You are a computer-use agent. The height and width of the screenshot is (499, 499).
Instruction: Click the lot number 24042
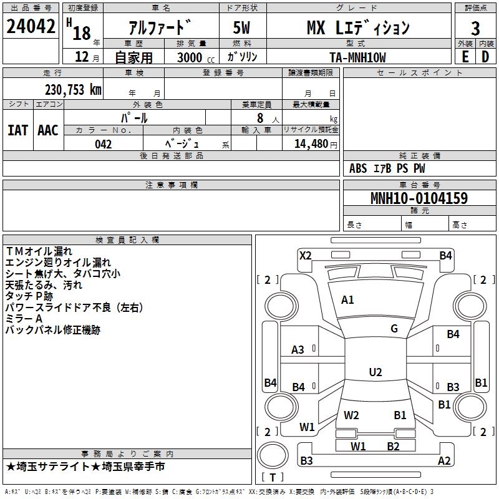tap(31, 27)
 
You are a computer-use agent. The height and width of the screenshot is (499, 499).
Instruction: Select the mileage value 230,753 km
tap(73, 89)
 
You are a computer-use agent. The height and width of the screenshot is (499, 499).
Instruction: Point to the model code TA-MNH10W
tap(357, 57)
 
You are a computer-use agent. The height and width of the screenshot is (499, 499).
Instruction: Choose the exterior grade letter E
tap(465, 57)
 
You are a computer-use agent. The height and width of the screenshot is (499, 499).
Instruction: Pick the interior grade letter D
tap(485, 57)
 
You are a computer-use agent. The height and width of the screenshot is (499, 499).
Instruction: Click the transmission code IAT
tap(17, 130)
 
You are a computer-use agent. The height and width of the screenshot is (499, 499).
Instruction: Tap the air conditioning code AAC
tap(48, 130)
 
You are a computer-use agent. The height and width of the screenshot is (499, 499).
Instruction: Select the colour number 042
tap(104, 144)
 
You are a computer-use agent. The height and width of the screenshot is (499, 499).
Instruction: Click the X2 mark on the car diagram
tap(305, 255)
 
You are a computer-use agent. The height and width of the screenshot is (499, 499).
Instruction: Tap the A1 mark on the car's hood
tap(347, 300)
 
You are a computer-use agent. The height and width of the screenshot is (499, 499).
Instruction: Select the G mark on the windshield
tap(394, 329)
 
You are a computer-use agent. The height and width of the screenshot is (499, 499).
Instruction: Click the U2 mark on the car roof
tap(375, 372)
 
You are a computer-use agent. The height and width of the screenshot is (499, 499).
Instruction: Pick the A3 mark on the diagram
tap(298, 350)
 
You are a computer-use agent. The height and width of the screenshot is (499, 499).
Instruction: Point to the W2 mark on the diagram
tap(352, 415)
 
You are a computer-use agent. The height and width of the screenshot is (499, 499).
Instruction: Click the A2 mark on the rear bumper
tap(444, 461)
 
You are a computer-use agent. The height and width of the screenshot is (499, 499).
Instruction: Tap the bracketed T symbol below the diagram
tap(273, 477)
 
